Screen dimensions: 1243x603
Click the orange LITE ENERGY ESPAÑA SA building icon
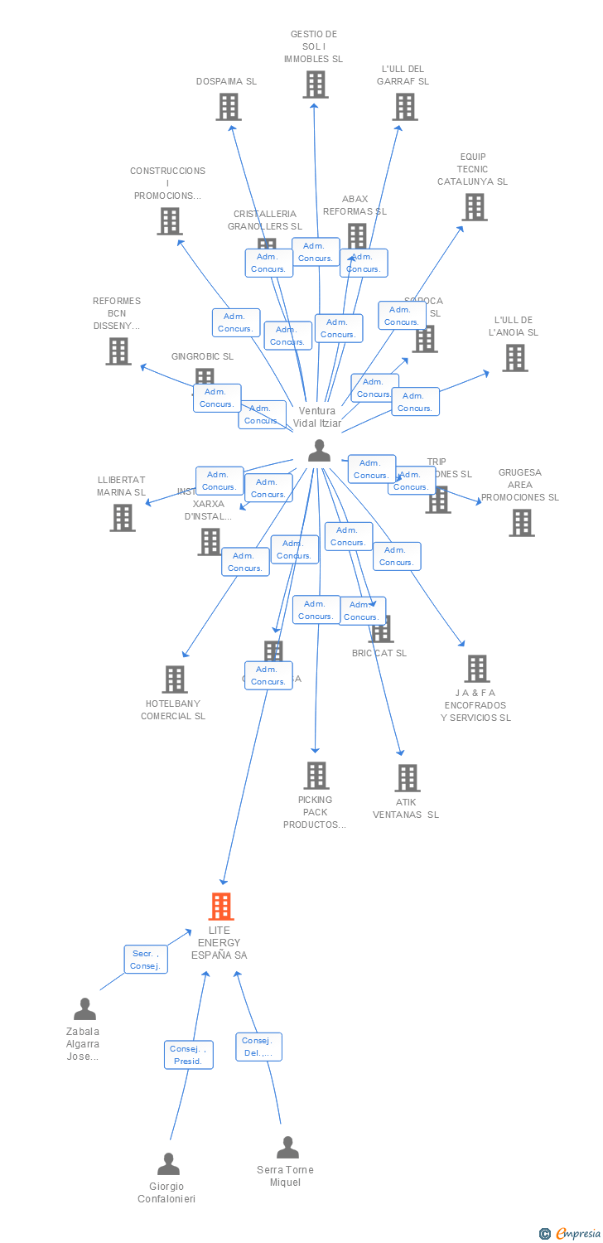click(x=221, y=907)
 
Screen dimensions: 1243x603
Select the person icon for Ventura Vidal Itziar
click(x=319, y=451)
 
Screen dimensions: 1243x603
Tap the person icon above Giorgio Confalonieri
click(x=168, y=1163)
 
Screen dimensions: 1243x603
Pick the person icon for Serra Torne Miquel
click(x=287, y=1147)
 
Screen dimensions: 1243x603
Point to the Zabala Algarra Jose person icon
click(x=84, y=1008)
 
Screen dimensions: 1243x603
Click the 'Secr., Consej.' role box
click(x=146, y=960)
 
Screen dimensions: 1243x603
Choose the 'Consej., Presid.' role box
click(x=188, y=1055)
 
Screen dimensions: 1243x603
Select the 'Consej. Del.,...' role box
click(x=259, y=1047)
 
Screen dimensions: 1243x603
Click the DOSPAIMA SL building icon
click(x=229, y=107)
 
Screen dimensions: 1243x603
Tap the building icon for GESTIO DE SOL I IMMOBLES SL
click(x=315, y=85)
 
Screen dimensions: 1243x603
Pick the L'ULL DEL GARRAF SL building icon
click(x=404, y=107)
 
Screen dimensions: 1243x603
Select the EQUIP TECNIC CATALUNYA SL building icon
click(x=474, y=207)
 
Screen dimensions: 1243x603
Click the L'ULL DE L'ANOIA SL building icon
click(x=514, y=358)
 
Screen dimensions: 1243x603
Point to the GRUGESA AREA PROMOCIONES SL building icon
click(x=521, y=523)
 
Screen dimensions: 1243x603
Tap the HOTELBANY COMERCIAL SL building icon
click(x=174, y=680)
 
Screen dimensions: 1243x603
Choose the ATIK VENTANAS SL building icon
click(x=407, y=778)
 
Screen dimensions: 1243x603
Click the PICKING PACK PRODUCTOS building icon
click(x=316, y=776)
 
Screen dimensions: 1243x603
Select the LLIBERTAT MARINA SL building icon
click(x=123, y=518)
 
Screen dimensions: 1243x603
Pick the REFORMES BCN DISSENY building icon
click(x=118, y=351)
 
